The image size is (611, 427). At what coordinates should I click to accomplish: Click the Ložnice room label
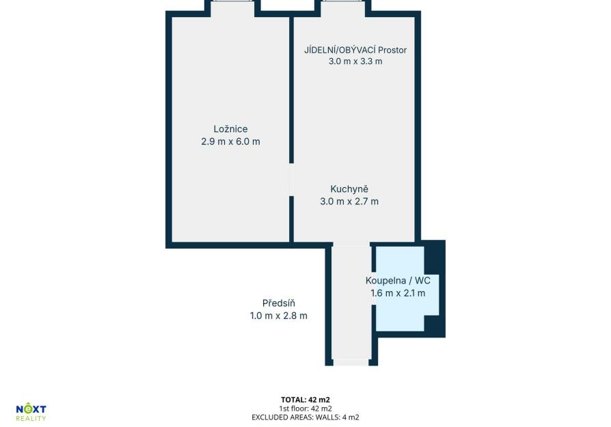point(230,129)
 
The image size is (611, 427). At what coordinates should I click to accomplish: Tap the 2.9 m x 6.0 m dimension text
point(230,141)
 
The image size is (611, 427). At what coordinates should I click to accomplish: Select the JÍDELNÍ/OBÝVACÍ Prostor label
point(355,50)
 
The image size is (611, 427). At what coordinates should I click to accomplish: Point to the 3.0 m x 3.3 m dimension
point(355,61)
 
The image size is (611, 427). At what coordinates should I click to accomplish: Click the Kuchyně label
point(349,189)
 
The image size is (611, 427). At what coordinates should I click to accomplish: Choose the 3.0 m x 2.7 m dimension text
point(349,202)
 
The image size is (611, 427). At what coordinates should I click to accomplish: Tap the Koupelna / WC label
point(398,281)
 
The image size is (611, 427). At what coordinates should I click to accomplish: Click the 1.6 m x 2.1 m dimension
point(398,293)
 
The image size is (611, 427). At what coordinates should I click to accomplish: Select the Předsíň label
point(279,303)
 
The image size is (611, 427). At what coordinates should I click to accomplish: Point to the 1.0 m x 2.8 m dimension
point(279,316)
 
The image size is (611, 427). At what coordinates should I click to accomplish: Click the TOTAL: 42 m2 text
point(305,400)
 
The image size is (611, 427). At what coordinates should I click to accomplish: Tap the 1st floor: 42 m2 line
point(305,409)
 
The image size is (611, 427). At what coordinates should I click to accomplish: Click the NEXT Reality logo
point(31,413)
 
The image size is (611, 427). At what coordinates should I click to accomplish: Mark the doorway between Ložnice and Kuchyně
point(291,180)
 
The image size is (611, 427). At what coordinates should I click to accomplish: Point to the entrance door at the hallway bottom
point(351,363)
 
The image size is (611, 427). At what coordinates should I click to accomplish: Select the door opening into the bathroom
point(374,288)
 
